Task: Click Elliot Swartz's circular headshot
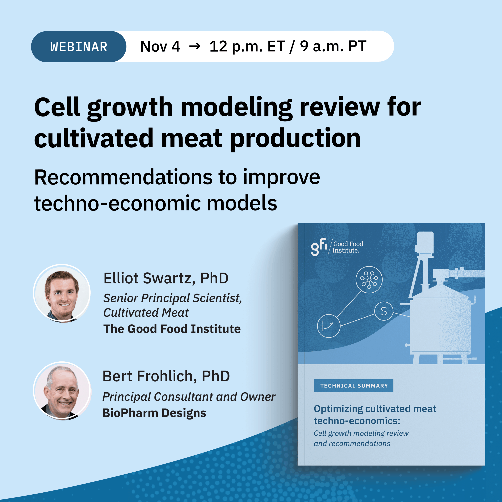62,294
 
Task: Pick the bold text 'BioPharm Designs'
154,413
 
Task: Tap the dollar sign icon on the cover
384,311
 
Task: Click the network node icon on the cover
369,280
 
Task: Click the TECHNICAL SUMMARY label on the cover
354,386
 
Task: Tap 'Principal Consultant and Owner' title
189,397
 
